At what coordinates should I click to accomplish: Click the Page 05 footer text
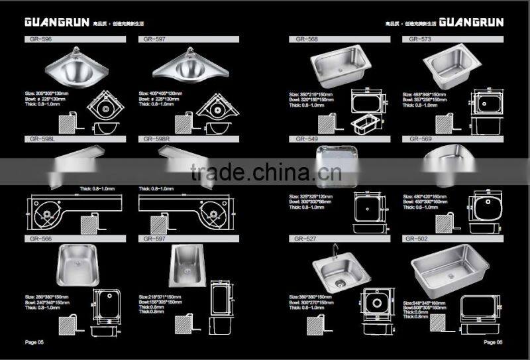(34, 342)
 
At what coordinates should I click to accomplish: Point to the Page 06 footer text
(494, 342)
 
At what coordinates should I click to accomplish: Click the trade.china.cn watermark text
(266, 174)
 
